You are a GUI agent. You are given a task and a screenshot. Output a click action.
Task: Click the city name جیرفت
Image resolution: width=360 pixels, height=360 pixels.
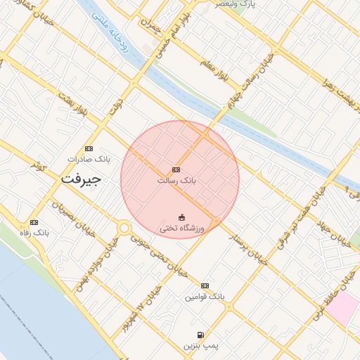81,179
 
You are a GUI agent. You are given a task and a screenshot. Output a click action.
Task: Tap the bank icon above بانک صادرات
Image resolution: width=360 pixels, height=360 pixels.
89,148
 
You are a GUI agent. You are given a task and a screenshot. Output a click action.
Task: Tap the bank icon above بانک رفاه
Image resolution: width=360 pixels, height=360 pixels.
34,221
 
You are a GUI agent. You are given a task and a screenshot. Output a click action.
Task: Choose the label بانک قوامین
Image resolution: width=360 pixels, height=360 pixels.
205,297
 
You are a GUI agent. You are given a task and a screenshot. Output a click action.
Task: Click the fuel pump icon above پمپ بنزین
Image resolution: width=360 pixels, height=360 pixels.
202,335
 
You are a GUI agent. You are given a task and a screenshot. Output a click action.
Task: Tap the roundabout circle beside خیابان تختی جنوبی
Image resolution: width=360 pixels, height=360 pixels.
124,228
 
